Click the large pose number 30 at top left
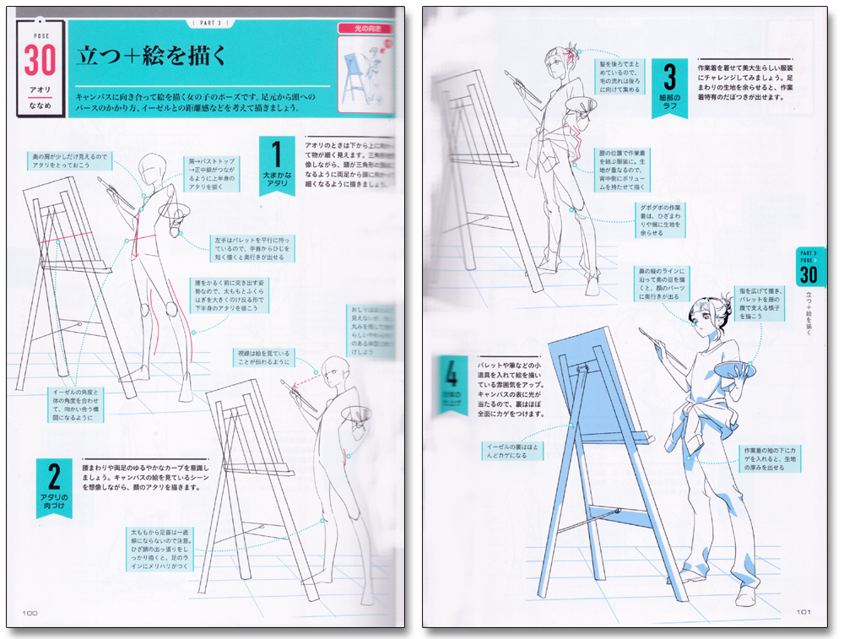pyautogui.click(x=41, y=62)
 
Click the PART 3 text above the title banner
pyautogui.click(x=206, y=23)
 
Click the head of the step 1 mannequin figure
pyautogui.click(x=152, y=167)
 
